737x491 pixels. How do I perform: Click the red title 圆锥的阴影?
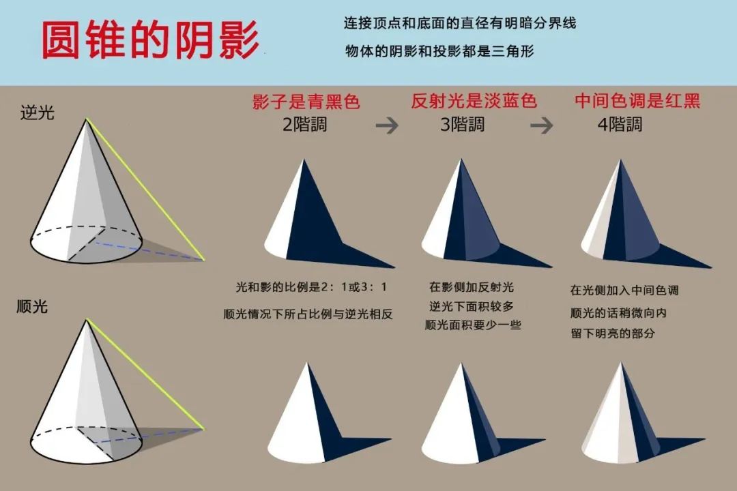[150, 40]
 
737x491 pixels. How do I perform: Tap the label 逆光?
[37, 113]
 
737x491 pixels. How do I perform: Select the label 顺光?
[33, 306]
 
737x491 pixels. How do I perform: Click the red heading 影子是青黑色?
[306, 102]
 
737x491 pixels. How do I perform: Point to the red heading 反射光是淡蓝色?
[474, 101]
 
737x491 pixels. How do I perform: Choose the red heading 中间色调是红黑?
[637, 101]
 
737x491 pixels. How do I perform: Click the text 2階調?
[304, 125]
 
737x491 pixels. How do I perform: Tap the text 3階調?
[462, 125]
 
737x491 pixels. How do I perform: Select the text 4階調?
[620, 125]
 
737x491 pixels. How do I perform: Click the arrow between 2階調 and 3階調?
[387, 125]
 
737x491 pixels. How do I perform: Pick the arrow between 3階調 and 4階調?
[541, 125]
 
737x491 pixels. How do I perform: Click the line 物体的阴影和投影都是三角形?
[439, 50]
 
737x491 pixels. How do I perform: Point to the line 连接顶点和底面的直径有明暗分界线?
[460, 23]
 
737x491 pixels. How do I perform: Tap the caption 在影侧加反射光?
[472, 286]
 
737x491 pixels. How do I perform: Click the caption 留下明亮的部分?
[612, 333]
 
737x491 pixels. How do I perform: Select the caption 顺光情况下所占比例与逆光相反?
[308, 314]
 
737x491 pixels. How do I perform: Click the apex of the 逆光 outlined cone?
[86, 119]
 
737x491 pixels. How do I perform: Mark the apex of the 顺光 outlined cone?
[87, 320]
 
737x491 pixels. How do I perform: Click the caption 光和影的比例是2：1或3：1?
[311, 286]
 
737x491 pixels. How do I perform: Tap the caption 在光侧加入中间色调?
[624, 290]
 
